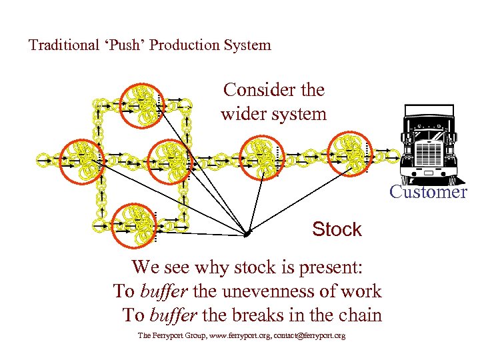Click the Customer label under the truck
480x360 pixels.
pyautogui.click(x=428, y=192)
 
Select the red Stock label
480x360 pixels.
pyautogui.click(x=337, y=229)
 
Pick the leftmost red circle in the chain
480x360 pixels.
pyautogui.click(x=79, y=159)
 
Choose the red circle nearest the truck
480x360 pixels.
pyautogui.click(x=351, y=151)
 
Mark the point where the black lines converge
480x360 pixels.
pyautogui.click(x=247, y=235)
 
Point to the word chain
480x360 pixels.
pyautogui.click(x=360, y=315)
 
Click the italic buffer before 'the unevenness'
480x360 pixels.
pyautogui.click(x=165, y=291)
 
